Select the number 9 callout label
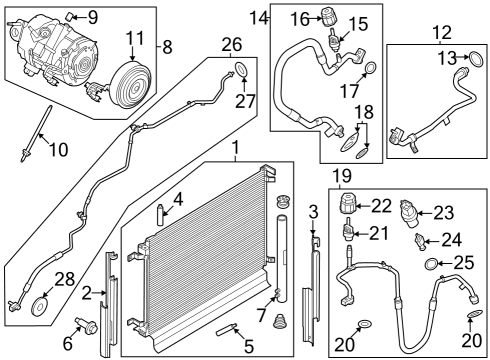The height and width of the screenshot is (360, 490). pyautogui.click(x=92, y=16)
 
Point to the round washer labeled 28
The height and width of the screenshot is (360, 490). pyautogui.click(x=43, y=303)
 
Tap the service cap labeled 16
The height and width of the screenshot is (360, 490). pyautogui.click(x=328, y=18)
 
